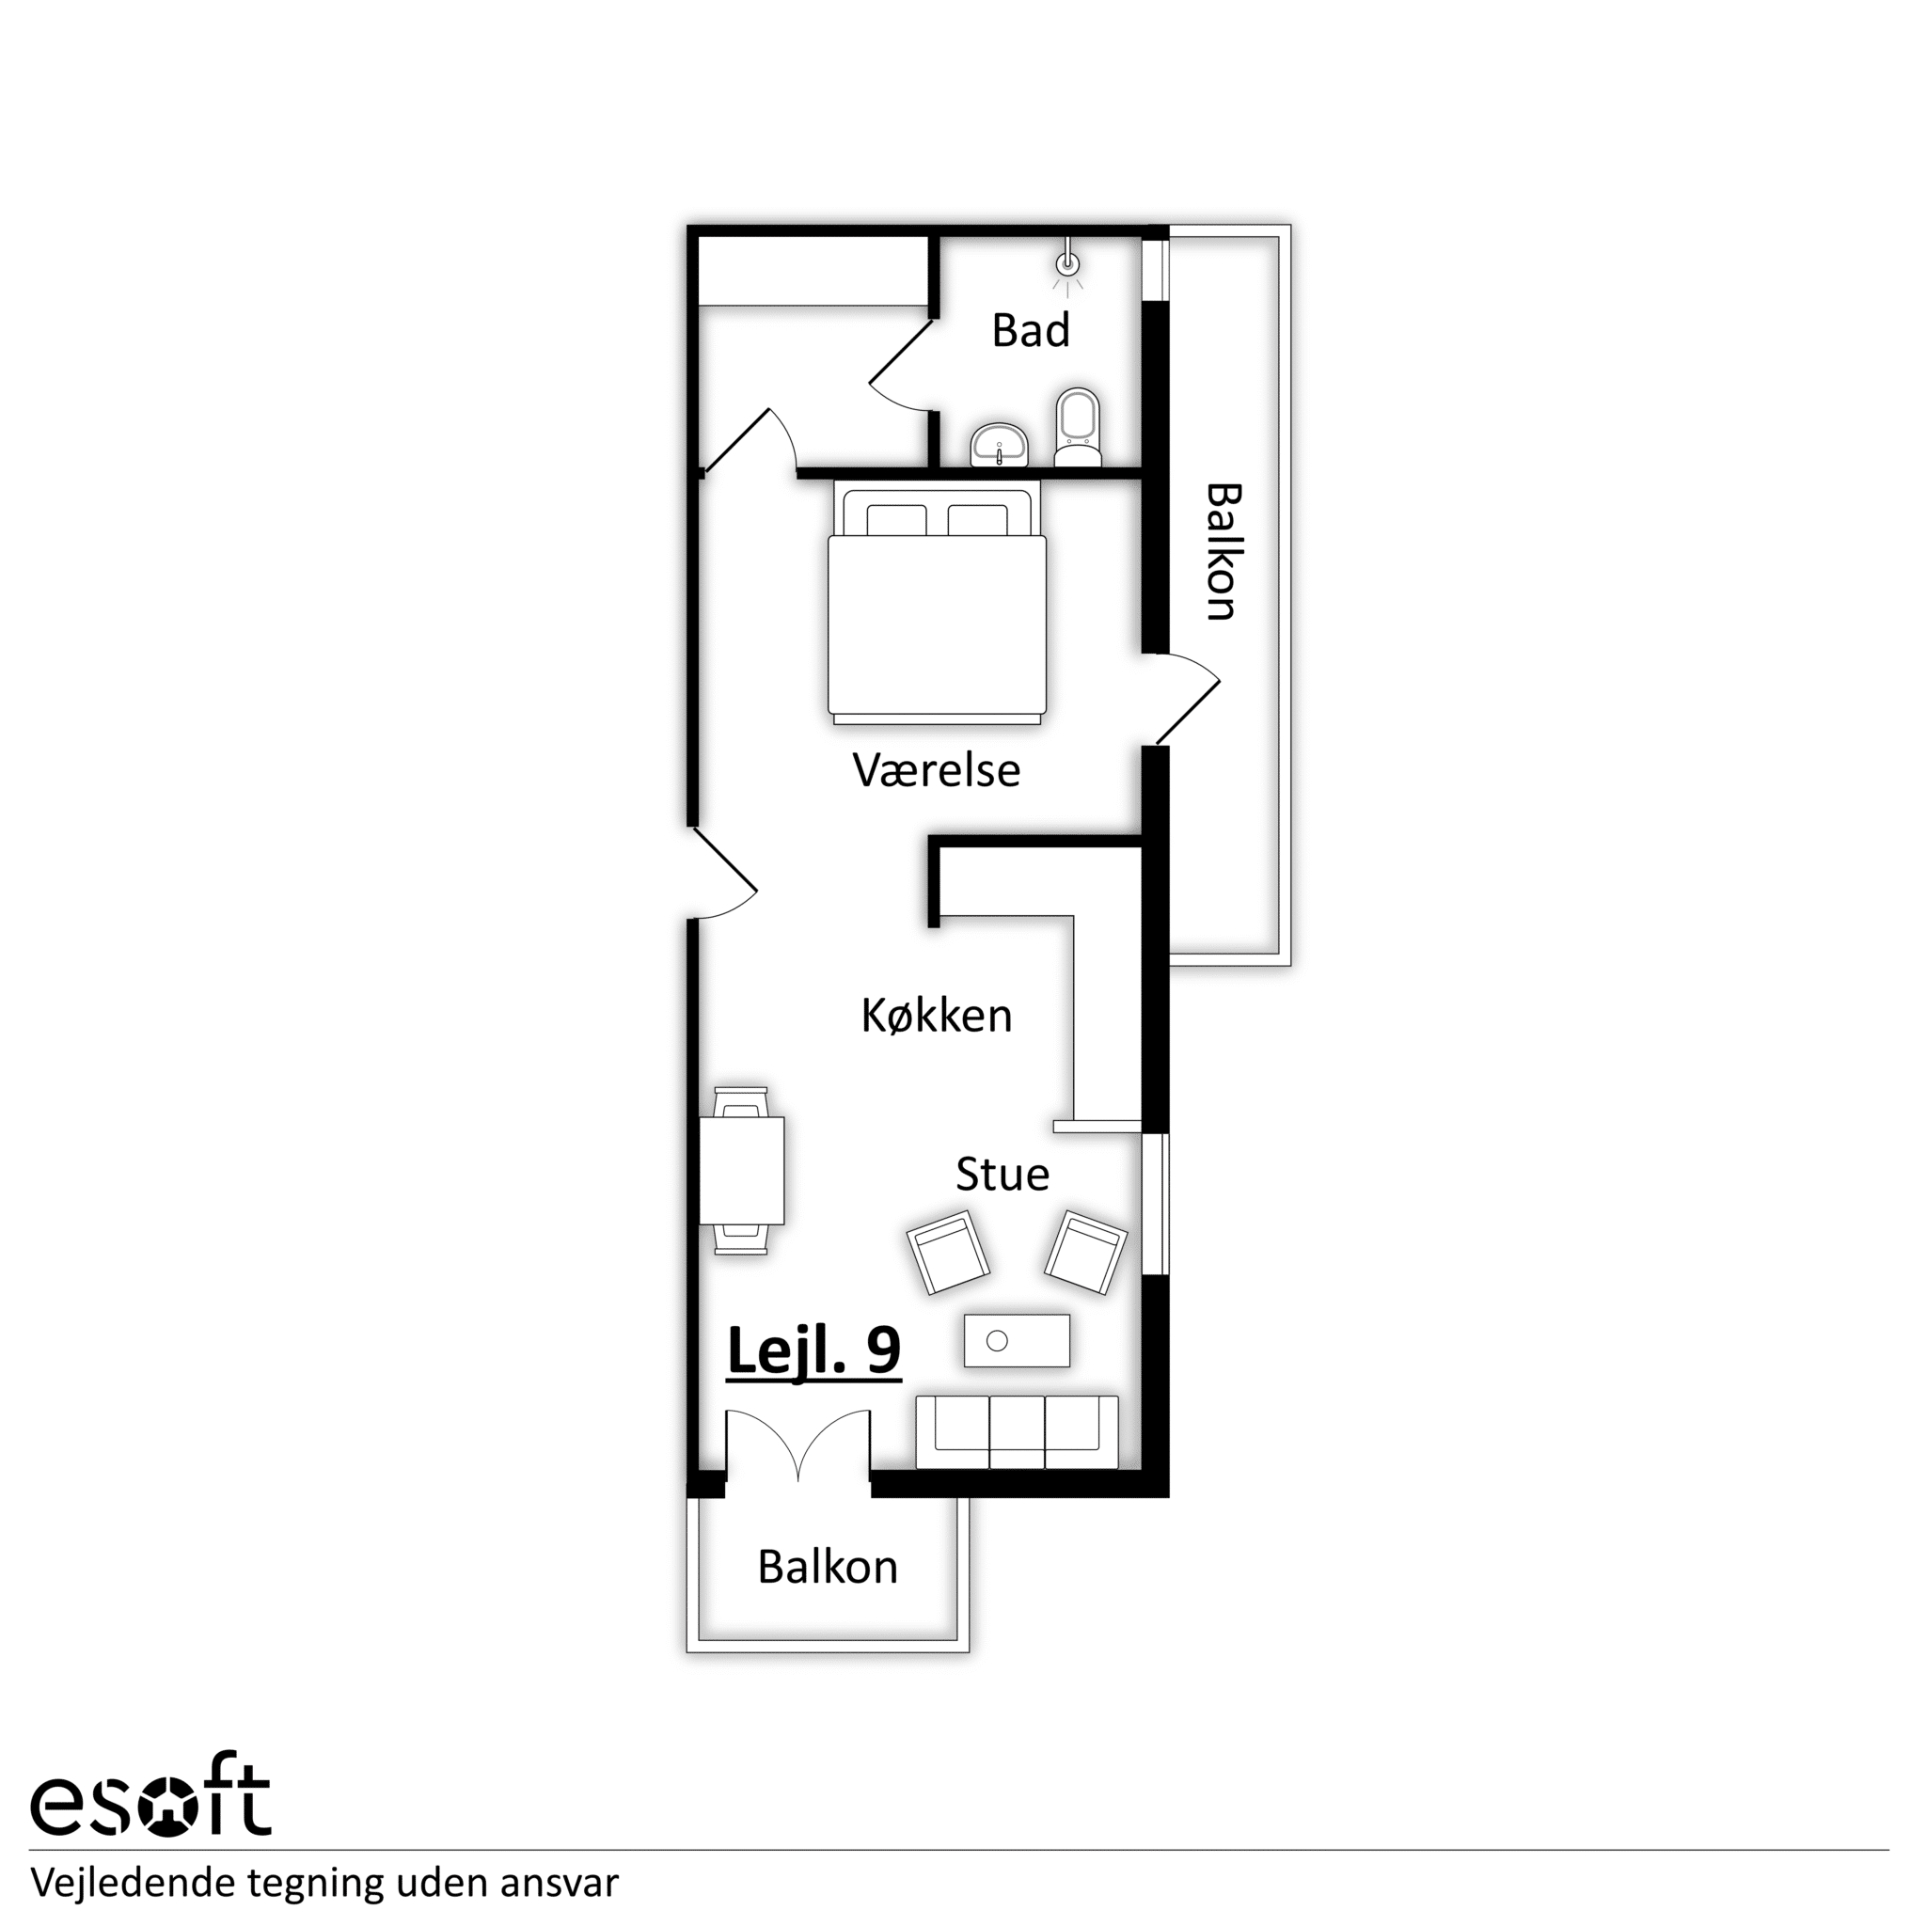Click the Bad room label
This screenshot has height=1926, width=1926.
(x=1031, y=330)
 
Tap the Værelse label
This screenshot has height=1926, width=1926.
(x=937, y=770)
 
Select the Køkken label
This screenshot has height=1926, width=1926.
(x=937, y=1016)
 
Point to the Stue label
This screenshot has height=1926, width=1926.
(x=1002, y=1175)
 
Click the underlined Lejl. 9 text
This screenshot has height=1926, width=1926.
(x=814, y=1350)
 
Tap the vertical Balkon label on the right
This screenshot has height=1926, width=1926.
(x=1223, y=552)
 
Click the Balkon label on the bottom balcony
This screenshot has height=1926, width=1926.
(x=828, y=1567)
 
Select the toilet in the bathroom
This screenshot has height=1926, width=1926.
(x=1078, y=427)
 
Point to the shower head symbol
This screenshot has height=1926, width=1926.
(x=1067, y=264)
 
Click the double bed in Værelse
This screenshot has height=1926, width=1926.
(x=937, y=602)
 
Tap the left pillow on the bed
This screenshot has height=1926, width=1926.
(x=897, y=520)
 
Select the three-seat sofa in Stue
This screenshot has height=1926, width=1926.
(x=1017, y=1432)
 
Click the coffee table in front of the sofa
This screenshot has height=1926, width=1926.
(x=1017, y=1341)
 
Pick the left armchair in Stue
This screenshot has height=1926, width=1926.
(x=948, y=1253)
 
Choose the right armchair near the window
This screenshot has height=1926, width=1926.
(x=1085, y=1253)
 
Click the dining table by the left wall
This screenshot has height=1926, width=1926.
(x=742, y=1170)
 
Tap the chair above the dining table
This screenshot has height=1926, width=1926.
(x=742, y=1102)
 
